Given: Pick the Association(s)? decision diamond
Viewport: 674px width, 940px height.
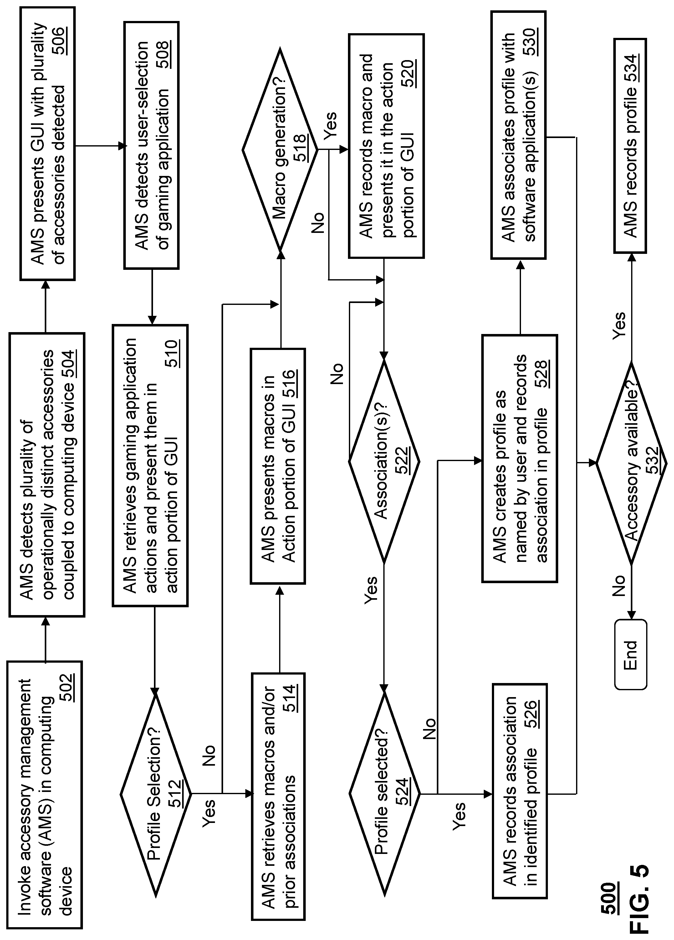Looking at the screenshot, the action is pos(384,461).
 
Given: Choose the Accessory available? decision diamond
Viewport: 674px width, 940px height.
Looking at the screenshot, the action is pos(631,463).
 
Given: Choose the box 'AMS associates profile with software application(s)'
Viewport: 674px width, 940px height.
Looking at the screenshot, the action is pos(519,135).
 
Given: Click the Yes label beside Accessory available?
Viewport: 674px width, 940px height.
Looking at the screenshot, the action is pos(619,326).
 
